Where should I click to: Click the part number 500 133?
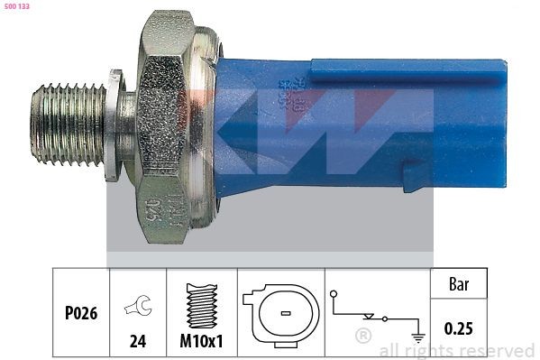pyautogui.click(x=19, y=6)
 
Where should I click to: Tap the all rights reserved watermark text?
pyautogui.click(x=456, y=350)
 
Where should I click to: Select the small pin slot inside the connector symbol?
pyautogui.click(x=282, y=314)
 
